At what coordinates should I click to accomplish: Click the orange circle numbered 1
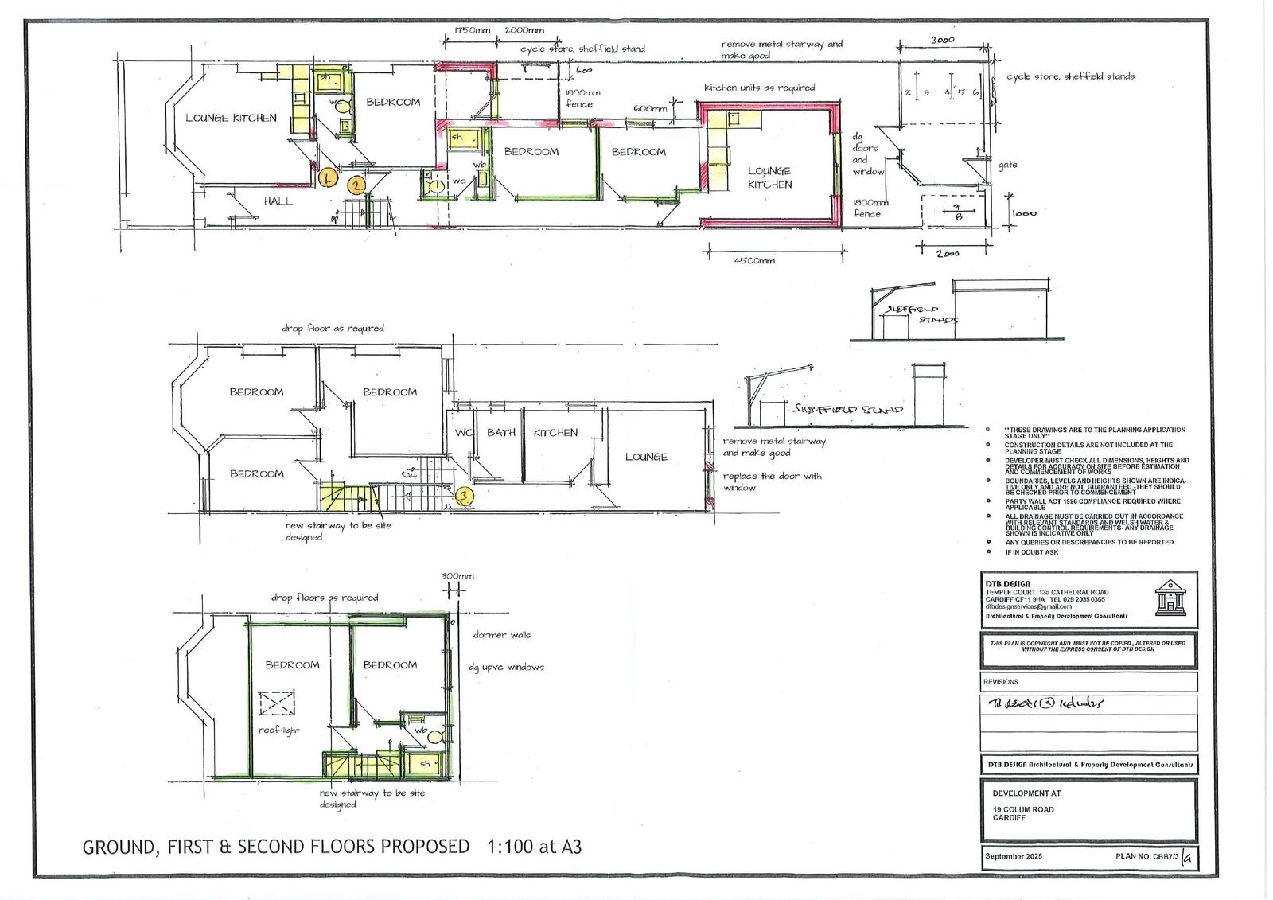[327, 177]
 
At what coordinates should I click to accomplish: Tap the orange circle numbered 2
[356, 185]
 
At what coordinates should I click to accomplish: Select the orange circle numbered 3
[466, 496]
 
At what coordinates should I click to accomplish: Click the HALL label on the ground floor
[278, 201]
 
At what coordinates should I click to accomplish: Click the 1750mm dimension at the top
[473, 30]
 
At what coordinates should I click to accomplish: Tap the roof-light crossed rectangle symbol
[278, 703]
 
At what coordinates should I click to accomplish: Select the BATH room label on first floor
[501, 433]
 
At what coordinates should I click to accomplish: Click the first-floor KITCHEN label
[555, 433]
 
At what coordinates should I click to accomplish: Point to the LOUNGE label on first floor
[645, 457]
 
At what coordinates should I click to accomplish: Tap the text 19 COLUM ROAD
[1022, 809]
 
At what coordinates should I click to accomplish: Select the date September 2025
[1013, 856]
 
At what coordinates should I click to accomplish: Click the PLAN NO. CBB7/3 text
[1146, 856]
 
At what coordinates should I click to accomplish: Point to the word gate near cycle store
[1007, 166]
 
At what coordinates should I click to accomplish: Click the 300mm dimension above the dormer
[457, 576]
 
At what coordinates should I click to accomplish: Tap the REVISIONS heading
[1001, 682]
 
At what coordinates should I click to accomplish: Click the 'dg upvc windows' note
[506, 667]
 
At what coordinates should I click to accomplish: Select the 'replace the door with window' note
[772, 481]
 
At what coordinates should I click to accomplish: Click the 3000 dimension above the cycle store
[943, 40]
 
